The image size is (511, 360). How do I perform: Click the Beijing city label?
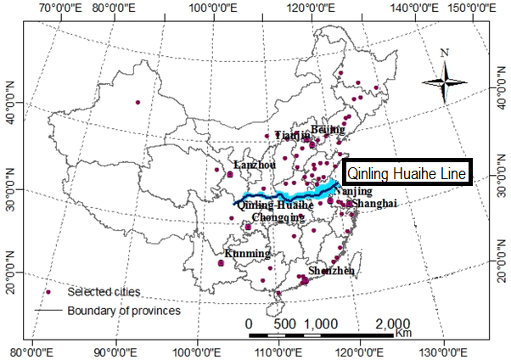(x=328, y=129)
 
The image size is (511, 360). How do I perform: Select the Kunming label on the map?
(x=247, y=254)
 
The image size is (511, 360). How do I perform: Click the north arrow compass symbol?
(x=445, y=82)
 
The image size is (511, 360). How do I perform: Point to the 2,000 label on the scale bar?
(x=392, y=323)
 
